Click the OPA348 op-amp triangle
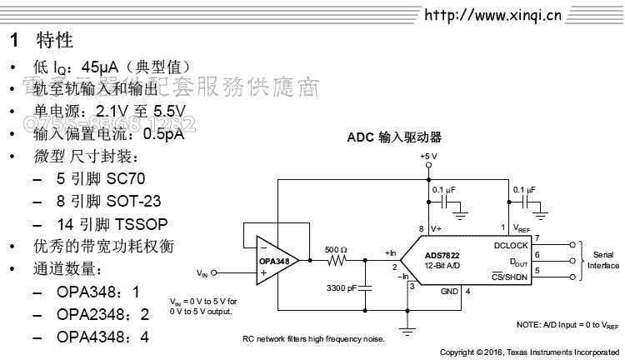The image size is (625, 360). coord(275,261)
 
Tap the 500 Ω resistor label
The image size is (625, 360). coord(336,249)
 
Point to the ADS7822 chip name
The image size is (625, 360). coord(442,254)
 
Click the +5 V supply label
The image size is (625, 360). coord(428,156)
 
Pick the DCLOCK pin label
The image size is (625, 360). coord(511,245)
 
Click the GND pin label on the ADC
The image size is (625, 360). coord(449,292)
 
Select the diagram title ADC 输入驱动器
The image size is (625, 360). coord(394,137)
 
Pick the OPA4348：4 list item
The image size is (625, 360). coord(102,337)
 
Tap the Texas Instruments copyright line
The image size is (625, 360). coord(530,352)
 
